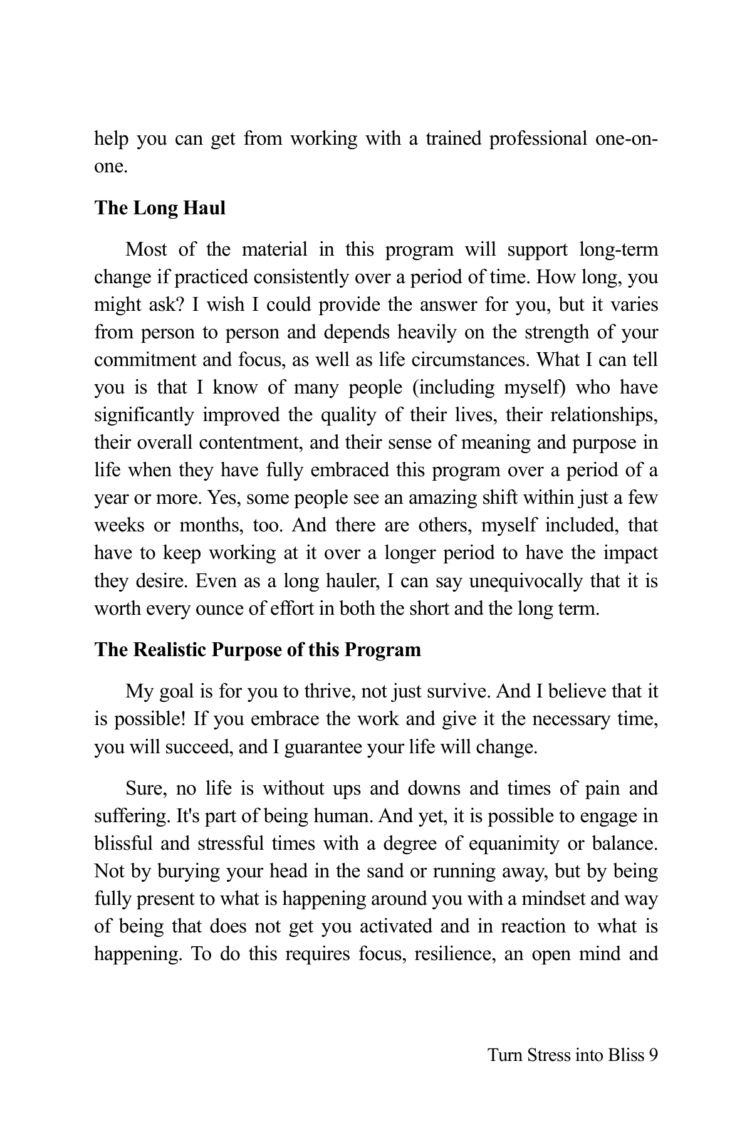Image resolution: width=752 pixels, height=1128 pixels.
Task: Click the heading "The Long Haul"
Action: coord(160,208)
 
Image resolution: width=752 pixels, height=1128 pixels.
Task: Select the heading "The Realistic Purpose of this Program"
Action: coord(258,650)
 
